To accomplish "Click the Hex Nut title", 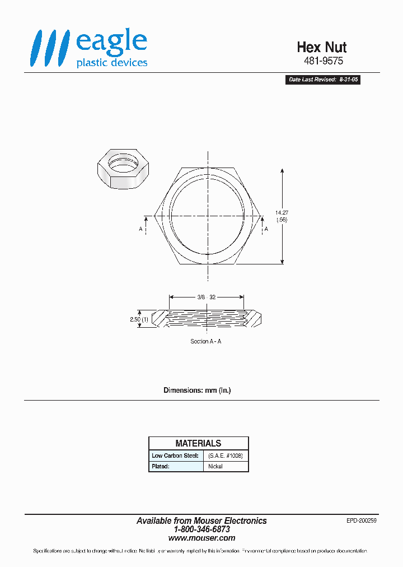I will (321, 48).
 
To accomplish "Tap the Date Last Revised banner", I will (323, 80).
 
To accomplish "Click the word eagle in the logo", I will (111, 42).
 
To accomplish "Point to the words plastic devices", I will (111, 63).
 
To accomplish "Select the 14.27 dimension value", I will (281, 212).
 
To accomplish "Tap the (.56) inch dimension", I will (281, 220).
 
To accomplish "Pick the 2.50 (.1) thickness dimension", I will (139, 319).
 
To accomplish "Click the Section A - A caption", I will (205, 341).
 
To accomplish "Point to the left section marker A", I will (140, 229).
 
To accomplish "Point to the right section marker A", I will (266, 229).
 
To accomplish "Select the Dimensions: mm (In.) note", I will (196, 390).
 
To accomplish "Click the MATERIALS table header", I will (198, 443).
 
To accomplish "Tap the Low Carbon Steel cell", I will (175, 456).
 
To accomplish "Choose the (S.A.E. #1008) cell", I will (225, 456).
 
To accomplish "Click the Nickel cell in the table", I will (215, 466).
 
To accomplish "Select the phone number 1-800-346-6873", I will (201, 529).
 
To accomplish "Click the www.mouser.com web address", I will (201, 538).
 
